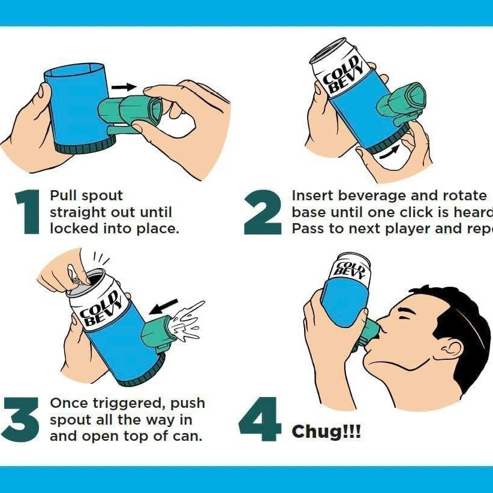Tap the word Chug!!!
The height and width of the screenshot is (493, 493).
tap(326, 431)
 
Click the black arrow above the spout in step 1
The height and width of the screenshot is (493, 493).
tap(125, 87)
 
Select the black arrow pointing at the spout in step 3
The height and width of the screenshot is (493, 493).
tap(164, 306)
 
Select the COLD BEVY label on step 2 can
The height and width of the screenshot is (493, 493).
tap(344, 75)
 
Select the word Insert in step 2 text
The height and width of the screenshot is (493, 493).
tap(312, 196)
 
